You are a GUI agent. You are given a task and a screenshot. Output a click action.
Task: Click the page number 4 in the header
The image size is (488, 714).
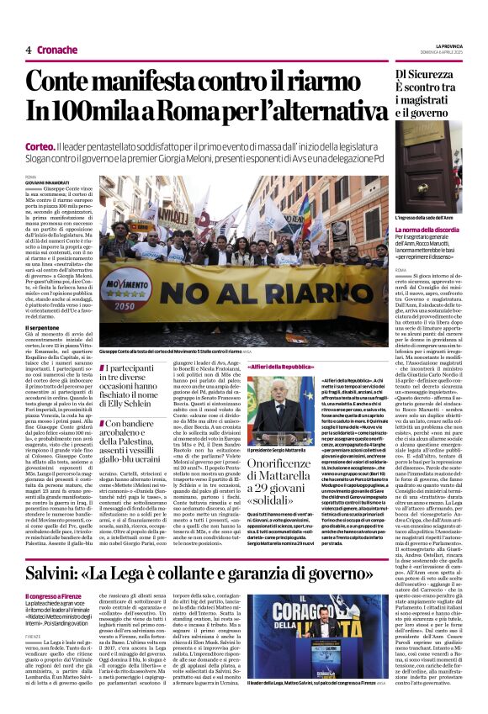tap(28, 50)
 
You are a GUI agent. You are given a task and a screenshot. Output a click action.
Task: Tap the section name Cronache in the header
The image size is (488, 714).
tap(57, 50)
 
